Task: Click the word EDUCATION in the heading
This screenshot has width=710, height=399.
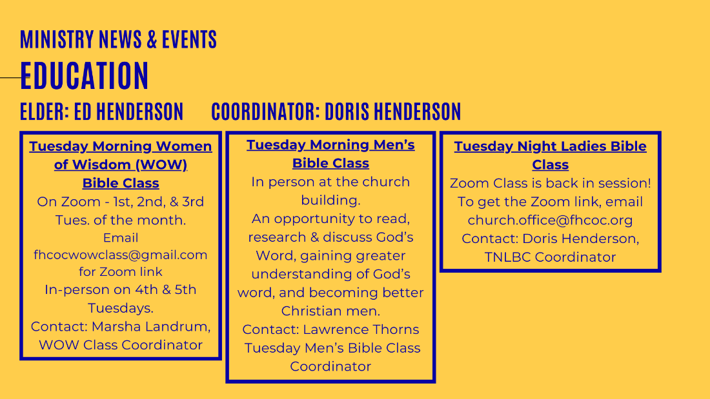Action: point(84,75)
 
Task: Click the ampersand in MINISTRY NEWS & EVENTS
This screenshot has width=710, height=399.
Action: point(152,39)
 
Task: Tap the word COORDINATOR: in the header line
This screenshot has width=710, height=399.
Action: point(266,112)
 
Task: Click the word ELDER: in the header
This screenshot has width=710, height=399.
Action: point(45,112)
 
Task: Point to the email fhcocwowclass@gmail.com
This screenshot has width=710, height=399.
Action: point(121,255)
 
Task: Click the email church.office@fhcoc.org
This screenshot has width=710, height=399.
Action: point(550,220)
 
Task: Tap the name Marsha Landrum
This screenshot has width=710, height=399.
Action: point(151,327)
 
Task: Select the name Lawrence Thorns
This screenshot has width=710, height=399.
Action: point(361,329)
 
